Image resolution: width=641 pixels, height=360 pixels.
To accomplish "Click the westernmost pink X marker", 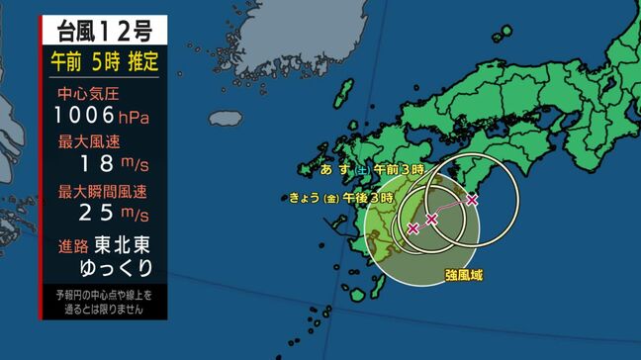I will coord(412,228).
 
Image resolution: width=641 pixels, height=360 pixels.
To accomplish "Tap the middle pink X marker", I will coord(431,218).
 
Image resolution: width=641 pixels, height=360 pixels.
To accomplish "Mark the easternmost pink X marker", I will coord(472,200).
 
